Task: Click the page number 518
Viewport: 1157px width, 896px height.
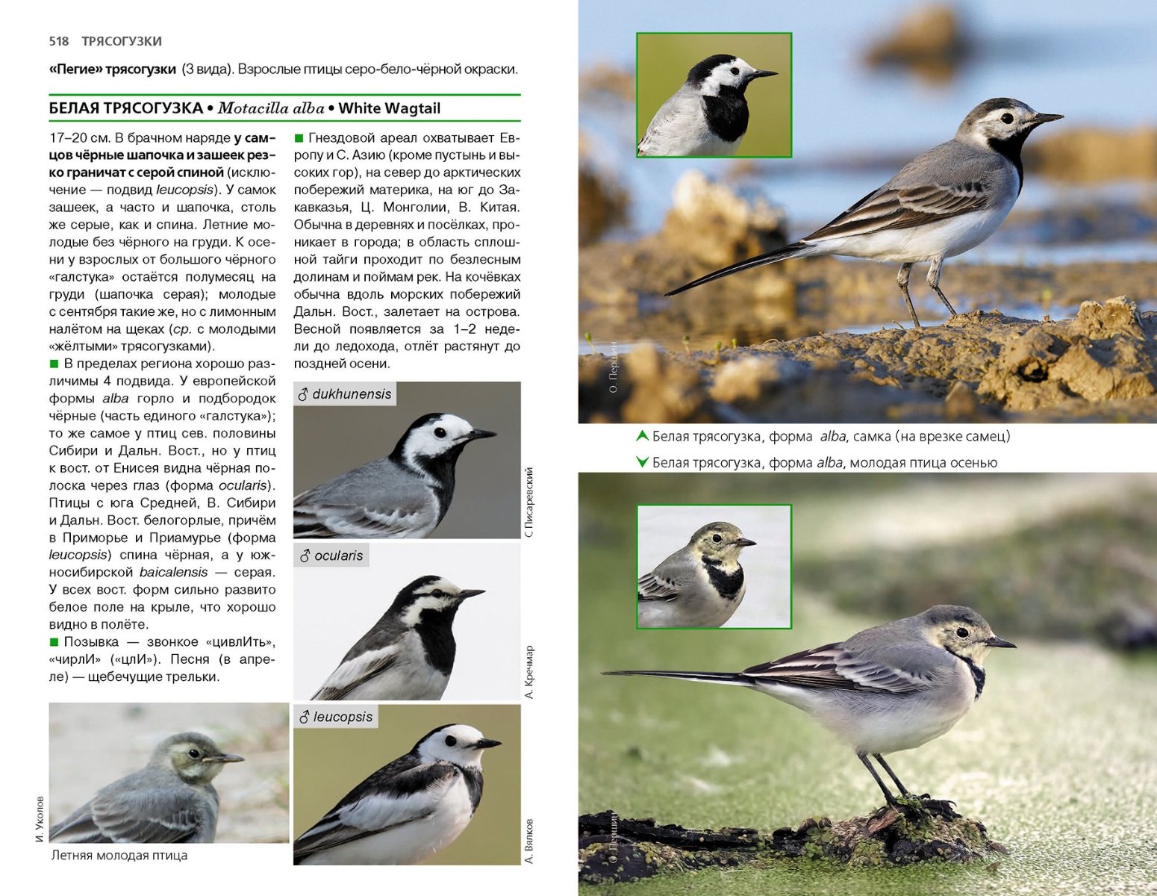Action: coord(58,41)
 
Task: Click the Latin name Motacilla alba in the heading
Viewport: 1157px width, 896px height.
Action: coord(271,108)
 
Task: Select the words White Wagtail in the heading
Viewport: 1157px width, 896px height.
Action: coord(389,108)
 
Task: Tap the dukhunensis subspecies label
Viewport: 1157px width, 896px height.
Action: coord(345,394)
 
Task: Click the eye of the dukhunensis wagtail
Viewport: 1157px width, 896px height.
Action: coord(440,432)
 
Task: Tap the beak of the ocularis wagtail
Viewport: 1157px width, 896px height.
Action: coord(470,594)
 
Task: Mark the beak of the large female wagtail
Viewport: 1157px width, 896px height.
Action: coord(1047,118)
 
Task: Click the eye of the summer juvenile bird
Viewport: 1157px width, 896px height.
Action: coord(194,753)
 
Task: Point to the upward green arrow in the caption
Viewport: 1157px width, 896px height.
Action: coord(641,436)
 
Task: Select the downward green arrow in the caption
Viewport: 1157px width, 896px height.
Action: coord(641,462)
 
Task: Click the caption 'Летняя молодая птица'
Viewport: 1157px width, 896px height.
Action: coord(119,856)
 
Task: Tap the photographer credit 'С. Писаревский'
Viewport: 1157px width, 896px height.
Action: coord(529,502)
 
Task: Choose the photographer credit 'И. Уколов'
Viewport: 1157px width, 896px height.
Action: coord(40,819)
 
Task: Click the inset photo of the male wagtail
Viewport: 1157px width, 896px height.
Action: coord(714,95)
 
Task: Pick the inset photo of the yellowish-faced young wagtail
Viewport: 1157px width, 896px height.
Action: coord(714,567)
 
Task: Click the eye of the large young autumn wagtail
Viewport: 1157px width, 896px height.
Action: coord(962,632)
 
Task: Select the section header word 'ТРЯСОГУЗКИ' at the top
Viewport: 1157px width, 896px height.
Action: coord(122,41)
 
